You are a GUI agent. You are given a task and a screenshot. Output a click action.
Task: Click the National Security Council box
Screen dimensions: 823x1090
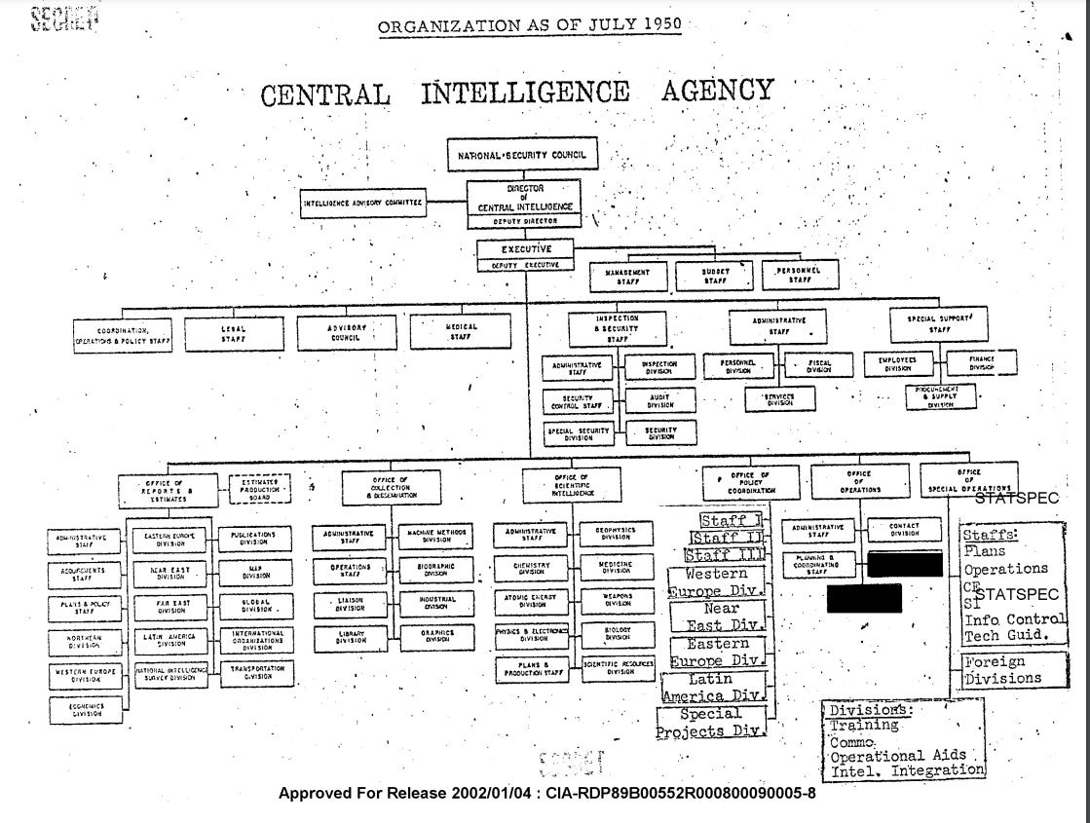pyautogui.click(x=522, y=155)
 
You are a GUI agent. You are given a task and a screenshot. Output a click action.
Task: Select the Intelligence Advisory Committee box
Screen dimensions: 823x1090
pyautogui.click(x=363, y=203)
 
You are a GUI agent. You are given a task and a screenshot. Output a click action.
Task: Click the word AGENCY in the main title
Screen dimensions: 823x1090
pyautogui.click(x=717, y=93)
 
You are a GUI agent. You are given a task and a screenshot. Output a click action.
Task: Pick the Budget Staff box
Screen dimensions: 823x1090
pyautogui.click(x=716, y=276)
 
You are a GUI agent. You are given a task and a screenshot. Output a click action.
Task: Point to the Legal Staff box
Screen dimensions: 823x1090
pyautogui.click(x=233, y=333)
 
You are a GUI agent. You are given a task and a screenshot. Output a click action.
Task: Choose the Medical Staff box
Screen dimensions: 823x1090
pyautogui.click(x=461, y=332)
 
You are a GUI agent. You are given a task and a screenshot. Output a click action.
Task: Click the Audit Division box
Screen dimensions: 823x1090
pyautogui.click(x=660, y=400)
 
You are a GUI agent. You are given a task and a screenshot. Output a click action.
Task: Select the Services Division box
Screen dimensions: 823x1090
pyautogui.click(x=779, y=400)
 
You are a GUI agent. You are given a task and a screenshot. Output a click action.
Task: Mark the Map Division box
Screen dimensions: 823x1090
pyautogui.click(x=258, y=571)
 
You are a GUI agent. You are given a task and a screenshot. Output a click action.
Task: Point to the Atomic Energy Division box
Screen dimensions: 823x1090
pyautogui.click(x=532, y=600)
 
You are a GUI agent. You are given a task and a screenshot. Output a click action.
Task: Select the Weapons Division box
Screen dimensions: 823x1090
pyautogui.click(x=617, y=600)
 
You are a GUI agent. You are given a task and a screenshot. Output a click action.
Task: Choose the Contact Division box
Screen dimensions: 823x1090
pyautogui.click(x=904, y=530)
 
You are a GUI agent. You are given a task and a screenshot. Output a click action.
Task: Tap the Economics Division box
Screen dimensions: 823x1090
pyautogui.click(x=87, y=710)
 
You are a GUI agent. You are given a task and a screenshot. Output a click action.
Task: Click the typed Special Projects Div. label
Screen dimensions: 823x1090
pyautogui.click(x=711, y=723)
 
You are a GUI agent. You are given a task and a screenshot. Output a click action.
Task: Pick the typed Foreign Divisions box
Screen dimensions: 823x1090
pyautogui.click(x=1002, y=670)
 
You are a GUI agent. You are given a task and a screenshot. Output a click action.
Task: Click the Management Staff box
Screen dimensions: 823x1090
pyautogui.click(x=627, y=276)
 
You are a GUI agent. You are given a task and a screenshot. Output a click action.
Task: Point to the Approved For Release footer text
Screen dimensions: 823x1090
pyautogui.click(x=546, y=793)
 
